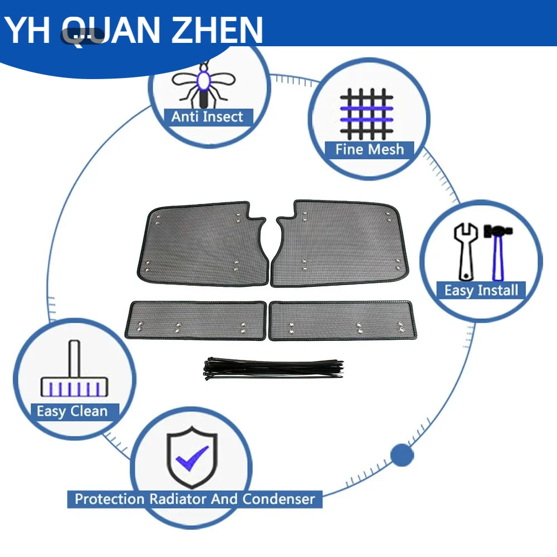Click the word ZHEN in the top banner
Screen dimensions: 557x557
pos(217,30)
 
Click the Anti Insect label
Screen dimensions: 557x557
pos(207,116)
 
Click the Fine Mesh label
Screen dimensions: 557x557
pos(369,149)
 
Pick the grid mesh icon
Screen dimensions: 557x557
pos(367,114)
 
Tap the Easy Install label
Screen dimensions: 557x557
pos(481,291)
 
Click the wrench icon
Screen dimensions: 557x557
pos(466,252)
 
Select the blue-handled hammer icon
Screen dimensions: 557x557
pos(498,252)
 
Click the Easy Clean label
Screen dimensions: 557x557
pos(72,412)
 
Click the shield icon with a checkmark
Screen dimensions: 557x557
pos(192,457)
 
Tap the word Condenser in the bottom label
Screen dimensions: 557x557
pos(279,499)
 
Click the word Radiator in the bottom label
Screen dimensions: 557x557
pos(178,499)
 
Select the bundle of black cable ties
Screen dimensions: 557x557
pos(274,369)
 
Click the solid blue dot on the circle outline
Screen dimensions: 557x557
pos(402,455)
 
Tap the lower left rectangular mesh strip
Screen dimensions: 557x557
pos(196,320)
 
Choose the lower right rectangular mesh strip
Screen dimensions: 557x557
pos(343,320)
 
